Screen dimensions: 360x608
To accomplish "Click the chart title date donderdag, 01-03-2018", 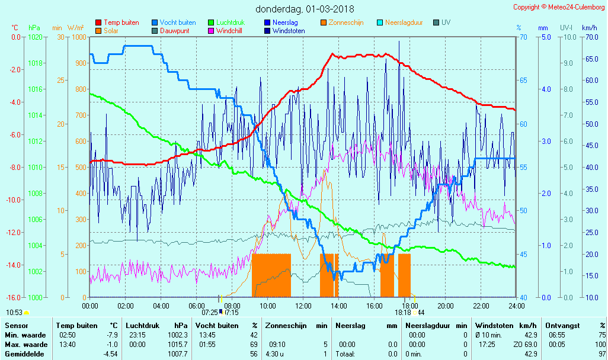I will pyautogui.click(x=305, y=9).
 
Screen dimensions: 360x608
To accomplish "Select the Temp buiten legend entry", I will pyautogui.click(x=121, y=22).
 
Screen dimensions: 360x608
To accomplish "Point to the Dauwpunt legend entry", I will pyautogui.click(x=175, y=31).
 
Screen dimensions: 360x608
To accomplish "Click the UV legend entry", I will pyautogui.click(x=446, y=22).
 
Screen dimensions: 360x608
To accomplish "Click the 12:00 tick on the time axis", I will pyautogui.click(x=303, y=306).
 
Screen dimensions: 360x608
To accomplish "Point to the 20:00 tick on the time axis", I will pyautogui.click(x=445, y=306).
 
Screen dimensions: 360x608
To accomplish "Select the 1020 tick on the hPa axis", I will pyautogui.click(x=36, y=37).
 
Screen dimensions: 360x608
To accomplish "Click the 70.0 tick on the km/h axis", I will pyautogui.click(x=589, y=37).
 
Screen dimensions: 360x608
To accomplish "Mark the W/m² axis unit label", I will pyautogui.click(x=75, y=28).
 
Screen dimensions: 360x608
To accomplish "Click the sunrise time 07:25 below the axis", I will pyautogui.click(x=210, y=312).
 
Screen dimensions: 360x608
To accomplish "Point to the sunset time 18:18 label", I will pyautogui.click(x=403, y=312).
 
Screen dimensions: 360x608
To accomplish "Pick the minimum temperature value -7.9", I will pyautogui.click(x=112, y=335).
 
